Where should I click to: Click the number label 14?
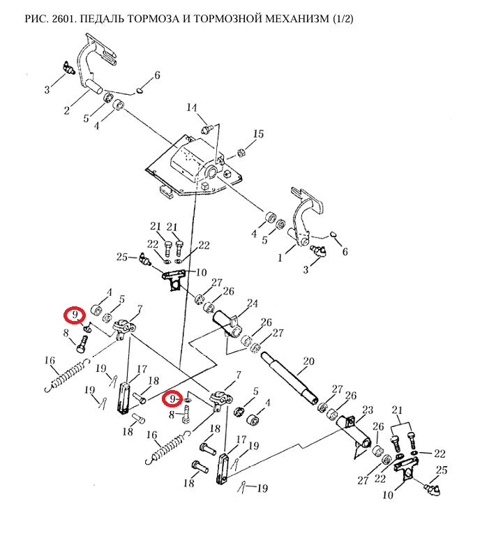(192, 107)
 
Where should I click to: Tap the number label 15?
(258, 134)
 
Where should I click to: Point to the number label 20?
(308, 361)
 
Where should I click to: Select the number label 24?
(253, 304)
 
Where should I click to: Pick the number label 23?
(368, 410)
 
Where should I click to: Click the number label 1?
(280, 258)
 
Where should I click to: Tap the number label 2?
(67, 110)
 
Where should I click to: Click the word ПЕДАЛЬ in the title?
(102, 18)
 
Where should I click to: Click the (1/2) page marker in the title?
(343, 18)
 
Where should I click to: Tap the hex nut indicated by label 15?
(241, 152)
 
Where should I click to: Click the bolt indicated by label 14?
(207, 130)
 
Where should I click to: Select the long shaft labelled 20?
(289, 376)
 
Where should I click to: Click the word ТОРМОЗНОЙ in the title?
(225, 18)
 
